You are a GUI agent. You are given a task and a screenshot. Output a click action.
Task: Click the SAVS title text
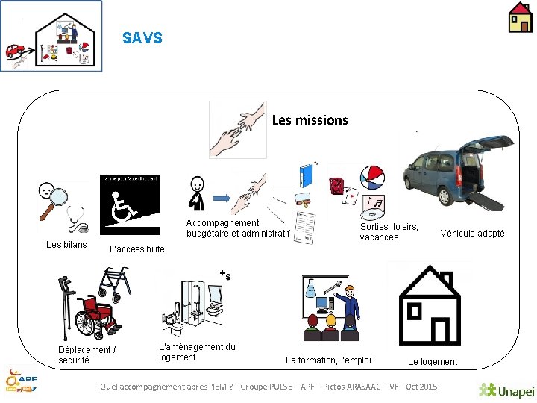pos(142,38)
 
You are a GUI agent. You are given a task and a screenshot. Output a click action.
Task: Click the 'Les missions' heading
pos(310,119)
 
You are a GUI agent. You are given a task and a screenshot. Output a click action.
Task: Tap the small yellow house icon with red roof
pos(520,17)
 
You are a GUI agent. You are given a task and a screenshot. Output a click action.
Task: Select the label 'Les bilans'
pos(66,245)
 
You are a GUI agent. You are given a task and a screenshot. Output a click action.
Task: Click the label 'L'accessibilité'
pos(137,249)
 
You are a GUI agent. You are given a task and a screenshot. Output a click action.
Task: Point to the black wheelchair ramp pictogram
pos(130,200)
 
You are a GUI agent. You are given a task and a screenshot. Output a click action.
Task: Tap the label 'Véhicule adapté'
pos(472,234)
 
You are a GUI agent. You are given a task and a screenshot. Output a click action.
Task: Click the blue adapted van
pos(451,171)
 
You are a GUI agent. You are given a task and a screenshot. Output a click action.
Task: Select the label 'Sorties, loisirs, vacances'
pos(389,232)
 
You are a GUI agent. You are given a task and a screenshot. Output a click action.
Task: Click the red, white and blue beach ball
pos(372,178)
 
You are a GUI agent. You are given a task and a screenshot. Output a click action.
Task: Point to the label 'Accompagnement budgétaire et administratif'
pos(237,228)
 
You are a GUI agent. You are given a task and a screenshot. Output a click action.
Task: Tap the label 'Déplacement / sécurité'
pos(87,354)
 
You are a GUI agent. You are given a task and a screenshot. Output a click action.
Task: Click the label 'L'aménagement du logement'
pos(197,352)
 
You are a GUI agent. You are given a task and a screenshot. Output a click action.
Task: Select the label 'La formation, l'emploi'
pos(328,360)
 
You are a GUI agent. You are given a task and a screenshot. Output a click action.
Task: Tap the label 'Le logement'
pos(433,362)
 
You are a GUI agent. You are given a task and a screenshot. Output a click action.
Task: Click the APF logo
pos(22,381)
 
